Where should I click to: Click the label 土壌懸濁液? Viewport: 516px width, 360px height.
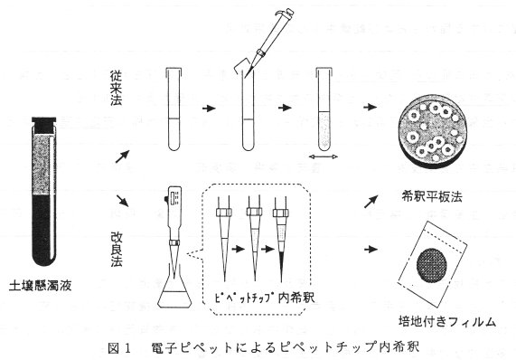[41, 285]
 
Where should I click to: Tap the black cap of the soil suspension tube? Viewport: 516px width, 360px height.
[43, 125]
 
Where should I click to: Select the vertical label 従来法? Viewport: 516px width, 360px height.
[117, 88]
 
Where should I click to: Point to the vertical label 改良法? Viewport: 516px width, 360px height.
[117, 249]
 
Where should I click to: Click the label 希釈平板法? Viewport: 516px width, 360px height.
[432, 196]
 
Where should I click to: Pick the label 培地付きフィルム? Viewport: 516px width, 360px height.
[447, 321]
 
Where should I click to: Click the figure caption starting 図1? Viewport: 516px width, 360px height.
[263, 347]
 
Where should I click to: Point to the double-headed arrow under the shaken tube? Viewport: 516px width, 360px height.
[324, 156]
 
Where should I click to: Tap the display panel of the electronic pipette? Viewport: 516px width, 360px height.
[174, 198]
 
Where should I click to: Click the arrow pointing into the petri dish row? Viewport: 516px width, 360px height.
[371, 107]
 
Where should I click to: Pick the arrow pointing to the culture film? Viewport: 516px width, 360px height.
[371, 250]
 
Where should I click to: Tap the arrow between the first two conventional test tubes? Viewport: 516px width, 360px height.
[209, 108]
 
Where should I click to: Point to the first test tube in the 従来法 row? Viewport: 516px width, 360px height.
[174, 109]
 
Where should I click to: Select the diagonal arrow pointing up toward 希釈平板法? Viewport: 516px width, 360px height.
[371, 202]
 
